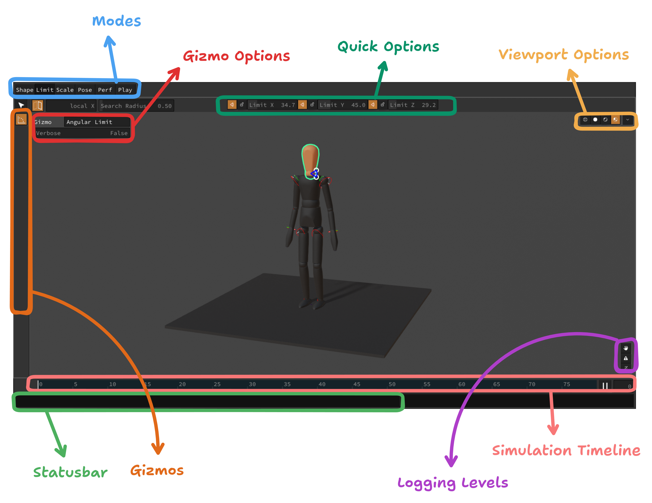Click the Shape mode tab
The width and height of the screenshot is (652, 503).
(x=24, y=90)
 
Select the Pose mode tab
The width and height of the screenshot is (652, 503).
(x=85, y=90)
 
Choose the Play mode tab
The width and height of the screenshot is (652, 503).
(x=125, y=90)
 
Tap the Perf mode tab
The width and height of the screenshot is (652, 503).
(x=105, y=90)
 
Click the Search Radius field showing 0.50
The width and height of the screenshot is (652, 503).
(x=164, y=106)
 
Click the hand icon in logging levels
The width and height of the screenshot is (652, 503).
(x=626, y=348)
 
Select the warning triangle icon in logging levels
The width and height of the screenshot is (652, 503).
(x=626, y=358)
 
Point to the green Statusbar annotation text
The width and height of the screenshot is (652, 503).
(x=70, y=472)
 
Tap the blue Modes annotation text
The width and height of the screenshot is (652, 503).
(x=116, y=21)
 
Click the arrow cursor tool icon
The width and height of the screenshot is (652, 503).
(x=21, y=105)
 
